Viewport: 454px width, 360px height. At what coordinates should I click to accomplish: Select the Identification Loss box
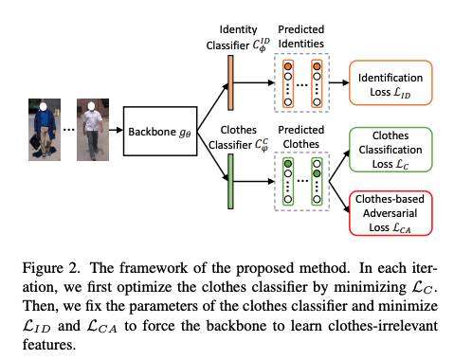pyautogui.click(x=390, y=81)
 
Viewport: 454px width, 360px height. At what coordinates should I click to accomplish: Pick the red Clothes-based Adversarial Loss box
pyautogui.click(x=390, y=212)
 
